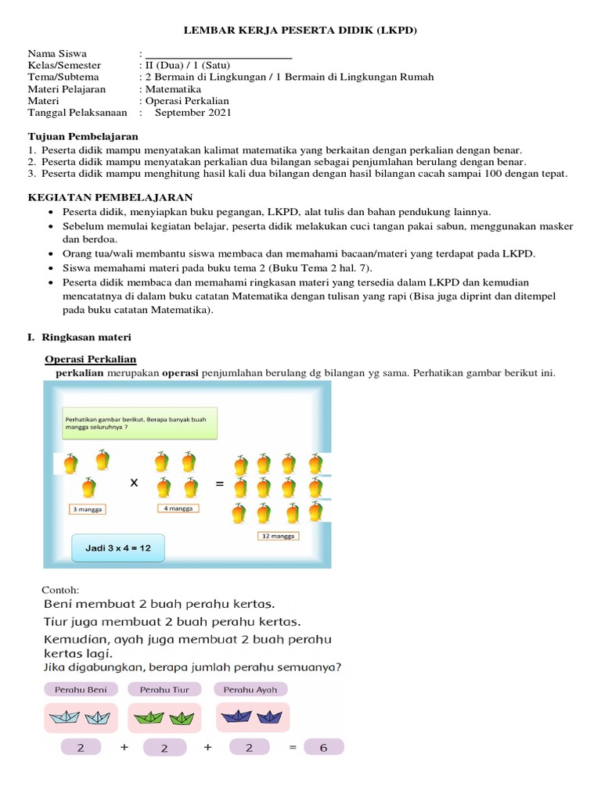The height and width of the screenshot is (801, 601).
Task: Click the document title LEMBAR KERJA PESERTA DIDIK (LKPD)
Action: point(300,31)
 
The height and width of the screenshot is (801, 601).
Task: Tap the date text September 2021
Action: point(193,113)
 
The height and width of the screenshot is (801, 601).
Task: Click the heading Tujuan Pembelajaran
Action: point(83,136)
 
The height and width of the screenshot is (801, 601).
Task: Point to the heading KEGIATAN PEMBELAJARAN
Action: point(110,197)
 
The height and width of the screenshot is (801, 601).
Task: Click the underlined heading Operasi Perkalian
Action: point(91,359)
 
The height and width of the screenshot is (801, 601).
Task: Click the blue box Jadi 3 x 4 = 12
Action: point(119,548)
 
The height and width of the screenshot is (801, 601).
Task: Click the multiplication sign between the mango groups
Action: point(134,483)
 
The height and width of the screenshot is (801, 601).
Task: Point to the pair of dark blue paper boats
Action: point(252,717)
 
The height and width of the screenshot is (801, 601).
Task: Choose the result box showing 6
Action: point(323,747)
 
